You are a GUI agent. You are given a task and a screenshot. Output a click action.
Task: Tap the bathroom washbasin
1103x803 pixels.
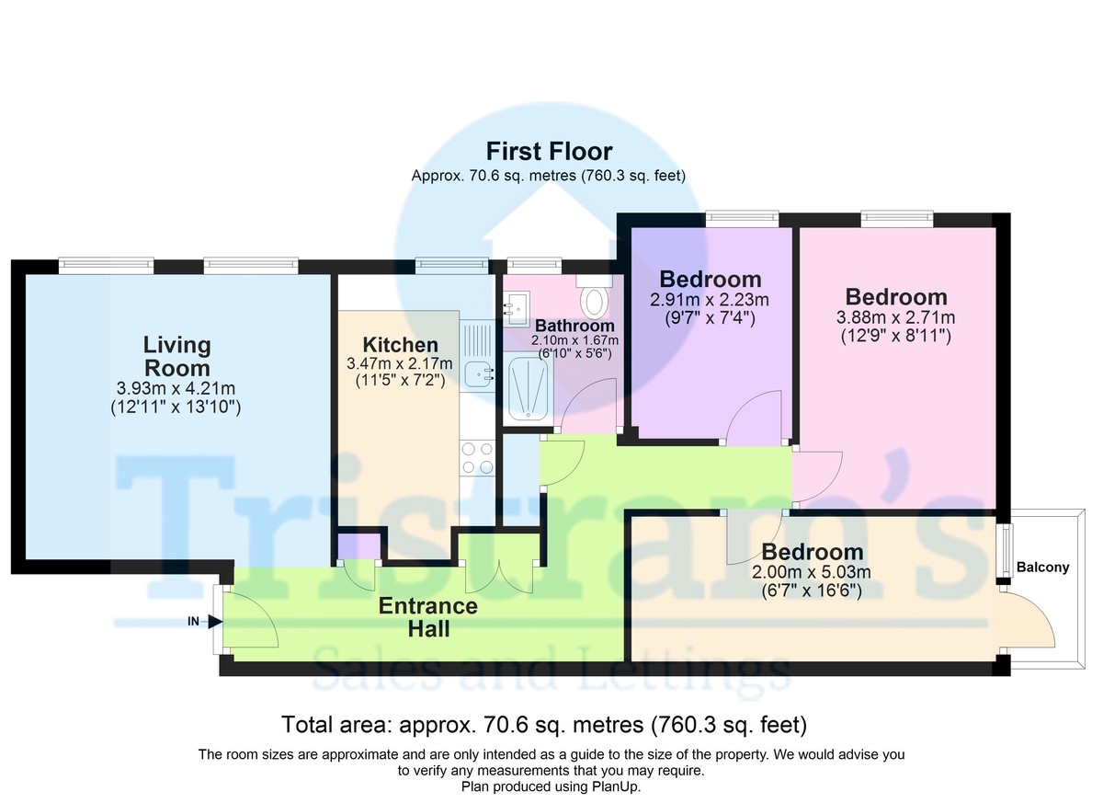(517, 308)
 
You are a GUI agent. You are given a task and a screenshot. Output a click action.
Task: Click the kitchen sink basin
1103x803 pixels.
(479, 375)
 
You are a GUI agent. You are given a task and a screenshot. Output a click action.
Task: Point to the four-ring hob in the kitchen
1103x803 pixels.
(477, 458)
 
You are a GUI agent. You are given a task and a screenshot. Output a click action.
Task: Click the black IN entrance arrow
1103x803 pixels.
(214, 622)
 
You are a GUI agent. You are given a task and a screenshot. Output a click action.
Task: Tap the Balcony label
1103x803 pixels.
(1042, 568)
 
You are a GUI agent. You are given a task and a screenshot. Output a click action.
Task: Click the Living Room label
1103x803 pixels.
(177, 356)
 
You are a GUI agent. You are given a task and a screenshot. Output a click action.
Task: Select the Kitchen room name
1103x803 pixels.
(400, 345)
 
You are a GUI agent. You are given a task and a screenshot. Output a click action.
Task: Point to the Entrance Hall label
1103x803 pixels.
(428, 617)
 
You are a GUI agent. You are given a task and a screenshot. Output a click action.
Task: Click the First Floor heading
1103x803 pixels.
(549, 151)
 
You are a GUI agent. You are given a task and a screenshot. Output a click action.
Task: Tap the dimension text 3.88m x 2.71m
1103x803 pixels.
(895, 317)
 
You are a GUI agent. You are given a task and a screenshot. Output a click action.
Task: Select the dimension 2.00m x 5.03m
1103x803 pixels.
(812, 572)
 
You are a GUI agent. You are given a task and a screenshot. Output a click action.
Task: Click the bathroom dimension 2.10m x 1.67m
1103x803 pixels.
(574, 340)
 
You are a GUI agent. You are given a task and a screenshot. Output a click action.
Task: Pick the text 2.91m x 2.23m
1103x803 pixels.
(710, 300)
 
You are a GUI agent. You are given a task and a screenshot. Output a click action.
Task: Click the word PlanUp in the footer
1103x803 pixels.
(618, 786)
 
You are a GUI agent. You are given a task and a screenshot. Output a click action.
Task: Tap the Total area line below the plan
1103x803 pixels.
(544, 725)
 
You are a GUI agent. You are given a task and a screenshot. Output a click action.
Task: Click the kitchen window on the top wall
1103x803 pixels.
(452, 266)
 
